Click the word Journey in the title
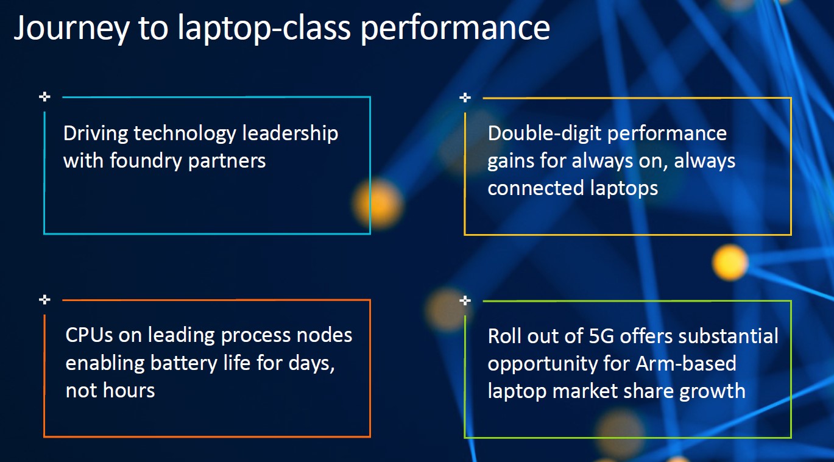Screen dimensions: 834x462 pyautogui.click(x=72, y=29)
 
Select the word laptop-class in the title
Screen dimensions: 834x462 pyautogui.click(x=264, y=28)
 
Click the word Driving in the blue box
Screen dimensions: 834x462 pyautogui.click(x=95, y=134)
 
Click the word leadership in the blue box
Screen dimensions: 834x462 pyautogui.click(x=290, y=133)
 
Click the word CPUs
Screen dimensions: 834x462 pyautogui.click(x=89, y=335)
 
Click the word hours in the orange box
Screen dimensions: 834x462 pyautogui.click(x=129, y=391)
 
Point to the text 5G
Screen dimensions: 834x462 pyautogui.click(x=601, y=336)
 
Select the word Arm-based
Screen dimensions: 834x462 pyautogui.click(x=686, y=363)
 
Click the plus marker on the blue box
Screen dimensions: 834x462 pyautogui.click(x=44, y=97)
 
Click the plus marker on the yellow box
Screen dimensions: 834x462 pyautogui.click(x=465, y=98)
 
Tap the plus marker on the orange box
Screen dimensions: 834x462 pyautogui.click(x=44, y=299)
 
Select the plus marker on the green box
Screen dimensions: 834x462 pyautogui.click(x=465, y=300)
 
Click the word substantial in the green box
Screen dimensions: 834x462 pyautogui.click(x=728, y=336)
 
